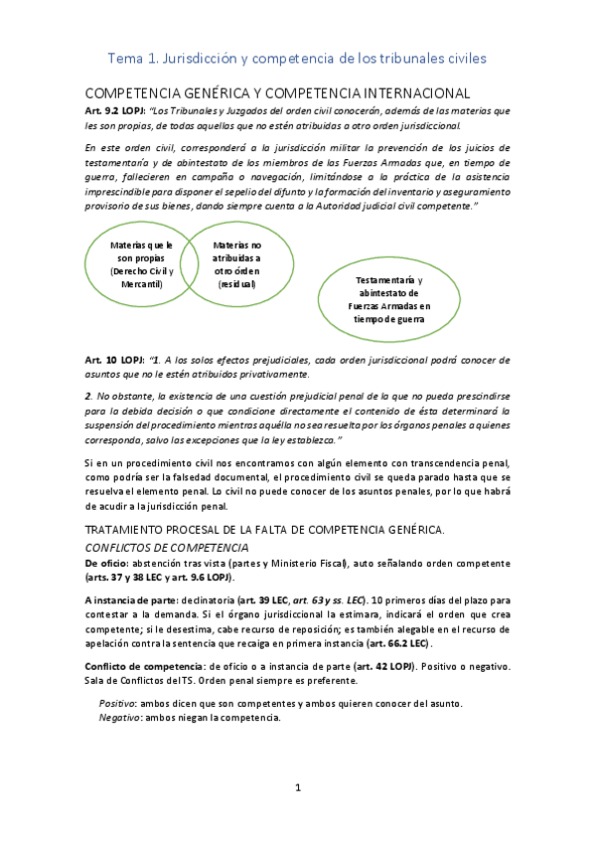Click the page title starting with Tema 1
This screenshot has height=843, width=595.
click(x=297, y=59)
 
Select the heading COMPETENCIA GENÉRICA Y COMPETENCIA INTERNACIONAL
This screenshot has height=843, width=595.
click(x=277, y=91)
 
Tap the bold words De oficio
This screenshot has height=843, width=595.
click(x=107, y=563)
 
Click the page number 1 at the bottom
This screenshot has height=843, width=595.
click(x=297, y=788)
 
